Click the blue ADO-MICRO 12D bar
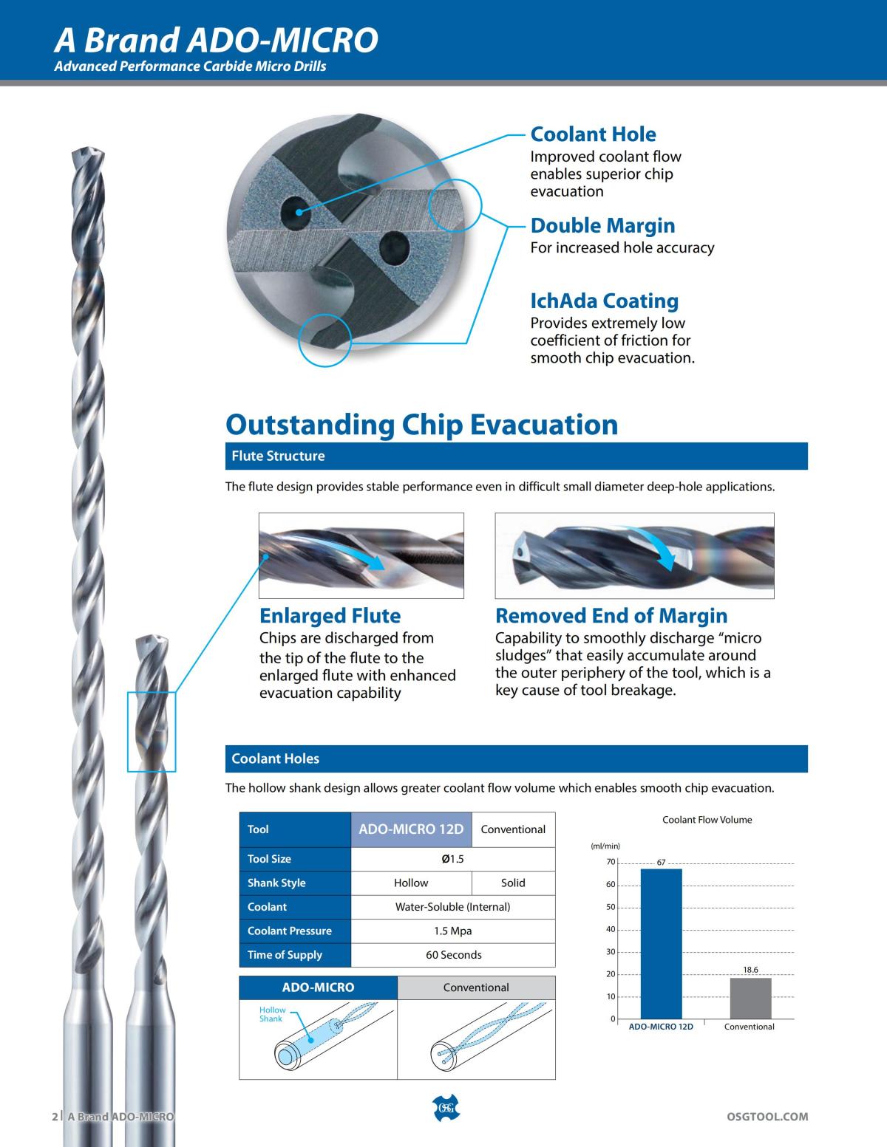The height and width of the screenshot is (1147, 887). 661,944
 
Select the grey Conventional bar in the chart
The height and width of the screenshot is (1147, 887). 750,998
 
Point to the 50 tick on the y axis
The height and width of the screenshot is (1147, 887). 611,907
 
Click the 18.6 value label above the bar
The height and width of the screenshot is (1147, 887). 750,968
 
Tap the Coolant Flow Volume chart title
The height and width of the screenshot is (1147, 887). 707,820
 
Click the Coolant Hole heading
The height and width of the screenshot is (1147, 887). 593,134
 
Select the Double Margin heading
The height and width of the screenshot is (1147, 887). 602,225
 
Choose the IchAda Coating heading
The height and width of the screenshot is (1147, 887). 604,301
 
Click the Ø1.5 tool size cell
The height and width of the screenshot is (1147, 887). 452,859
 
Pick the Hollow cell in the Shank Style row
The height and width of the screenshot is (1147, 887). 411,883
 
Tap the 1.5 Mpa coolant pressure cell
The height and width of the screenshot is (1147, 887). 452,931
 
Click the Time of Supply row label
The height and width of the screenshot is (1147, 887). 285,955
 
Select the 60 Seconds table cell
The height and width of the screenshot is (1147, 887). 452,955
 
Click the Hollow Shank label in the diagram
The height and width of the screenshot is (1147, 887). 272,1014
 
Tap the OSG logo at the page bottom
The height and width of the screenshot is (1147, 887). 444,1107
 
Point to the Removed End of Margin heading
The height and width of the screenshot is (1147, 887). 611,616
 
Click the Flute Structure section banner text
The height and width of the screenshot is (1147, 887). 278,456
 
